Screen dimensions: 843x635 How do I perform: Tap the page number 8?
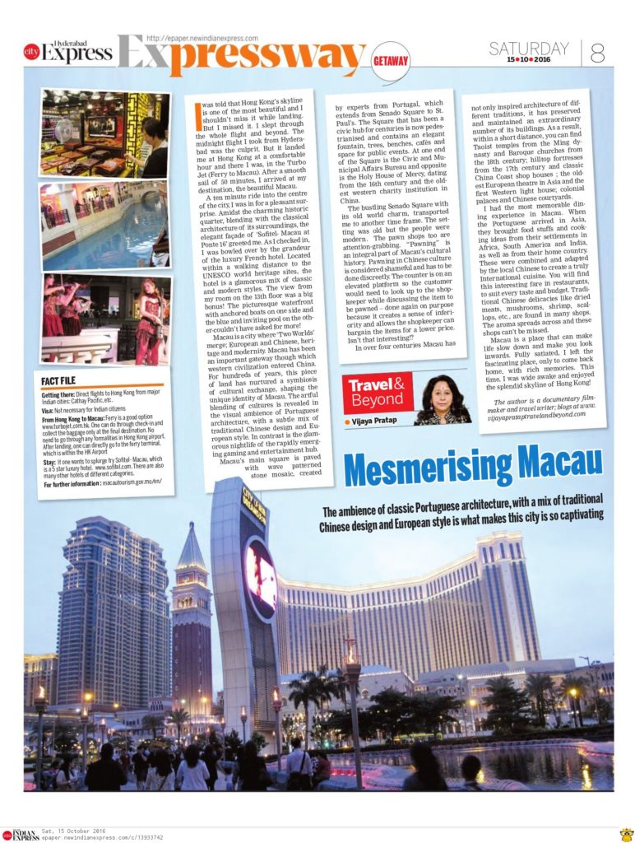(x=598, y=52)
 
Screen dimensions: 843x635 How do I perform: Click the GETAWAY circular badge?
(x=390, y=61)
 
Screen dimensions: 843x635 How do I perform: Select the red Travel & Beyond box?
(x=379, y=393)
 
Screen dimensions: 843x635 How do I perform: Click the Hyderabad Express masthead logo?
(x=69, y=53)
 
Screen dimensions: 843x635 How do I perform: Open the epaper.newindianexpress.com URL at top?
(x=202, y=38)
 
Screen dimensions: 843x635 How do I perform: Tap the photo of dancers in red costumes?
(x=105, y=319)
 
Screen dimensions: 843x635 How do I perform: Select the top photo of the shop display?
(x=104, y=133)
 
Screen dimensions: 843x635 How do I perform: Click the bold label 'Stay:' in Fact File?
(x=50, y=460)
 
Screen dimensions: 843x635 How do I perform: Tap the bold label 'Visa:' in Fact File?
(x=49, y=409)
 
